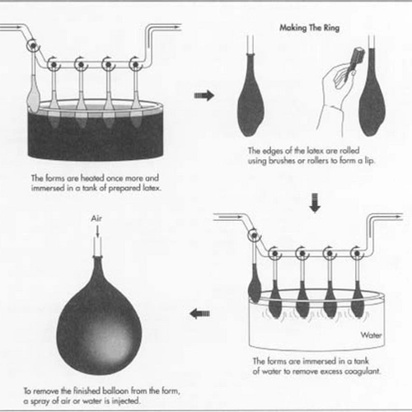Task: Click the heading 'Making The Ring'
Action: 306,27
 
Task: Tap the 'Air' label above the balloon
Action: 100,219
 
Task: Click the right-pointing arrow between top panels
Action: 204,96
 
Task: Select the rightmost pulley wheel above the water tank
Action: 357,254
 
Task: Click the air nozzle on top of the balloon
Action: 100,245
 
